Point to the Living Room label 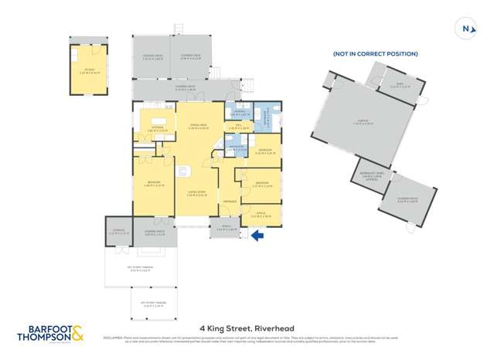pyautogui.click(x=196, y=194)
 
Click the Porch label pyautogui.click(x=221, y=228)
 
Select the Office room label pyautogui.click(x=261, y=215)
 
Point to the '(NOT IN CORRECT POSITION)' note pyautogui.click(x=375, y=54)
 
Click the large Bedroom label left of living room pyautogui.click(x=152, y=183)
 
